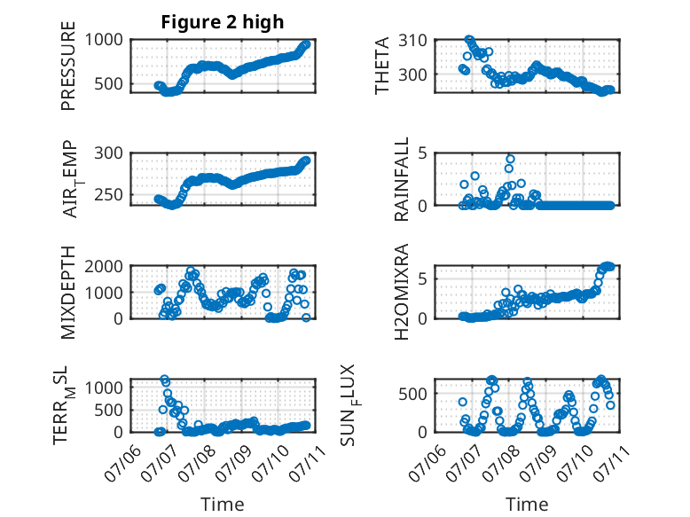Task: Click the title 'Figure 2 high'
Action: coord(223,22)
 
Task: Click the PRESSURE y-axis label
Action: coord(68,66)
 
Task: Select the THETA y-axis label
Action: coord(382,66)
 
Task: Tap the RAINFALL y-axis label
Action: coord(402,179)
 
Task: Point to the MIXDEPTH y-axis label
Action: coord(68,293)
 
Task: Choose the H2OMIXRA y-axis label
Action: coord(402,292)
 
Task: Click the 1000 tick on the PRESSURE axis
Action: coord(104,40)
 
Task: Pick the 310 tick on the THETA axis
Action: coord(412,41)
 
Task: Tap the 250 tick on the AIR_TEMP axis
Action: coord(109,194)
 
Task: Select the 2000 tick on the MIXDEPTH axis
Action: coord(104,266)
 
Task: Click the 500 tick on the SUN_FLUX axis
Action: coord(412,394)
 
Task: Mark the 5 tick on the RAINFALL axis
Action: coord(423,153)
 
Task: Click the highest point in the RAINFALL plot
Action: coord(510,160)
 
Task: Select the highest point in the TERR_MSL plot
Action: coord(164,379)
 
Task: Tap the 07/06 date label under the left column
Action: coord(122,463)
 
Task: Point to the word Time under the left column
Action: coord(223,505)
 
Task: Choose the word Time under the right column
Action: coord(527,505)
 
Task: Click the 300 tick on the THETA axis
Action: coord(412,74)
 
